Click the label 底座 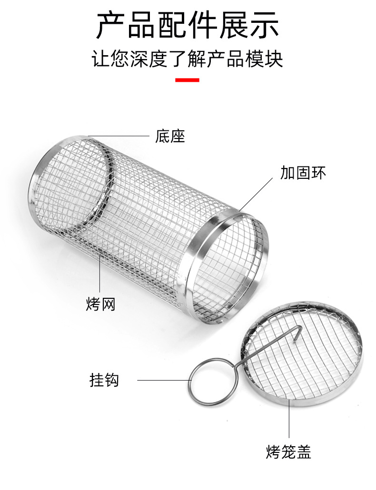tap(170, 137)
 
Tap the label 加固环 tap(303, 172)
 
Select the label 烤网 tap(101, 304)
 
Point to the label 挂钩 tap(104, 380)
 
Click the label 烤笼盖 tap(288, 451)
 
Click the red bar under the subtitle tap(187, 80)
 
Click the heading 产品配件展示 tap(188, 26)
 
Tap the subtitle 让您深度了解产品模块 tap(188, 60)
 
